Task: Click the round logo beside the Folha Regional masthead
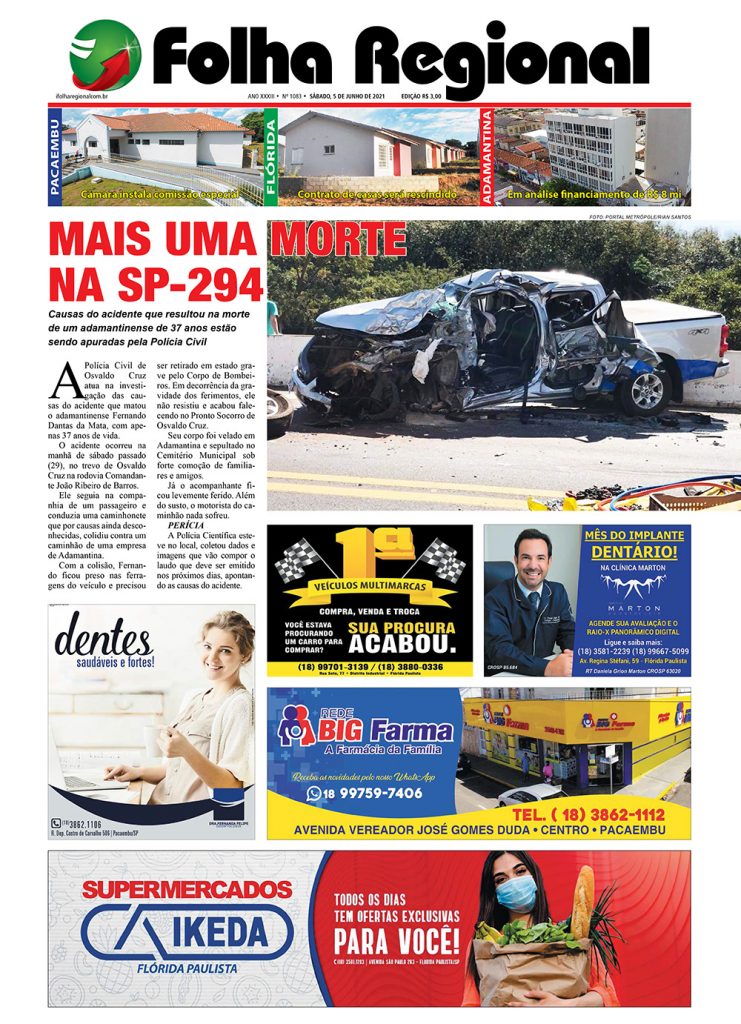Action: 105,55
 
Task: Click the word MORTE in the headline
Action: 338,241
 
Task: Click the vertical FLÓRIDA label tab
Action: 271,157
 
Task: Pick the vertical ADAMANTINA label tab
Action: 487,157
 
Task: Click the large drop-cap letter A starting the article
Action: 66,380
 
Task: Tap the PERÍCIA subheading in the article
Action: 187,524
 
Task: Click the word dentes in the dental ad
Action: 103,635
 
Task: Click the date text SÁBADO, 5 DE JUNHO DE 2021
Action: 347,95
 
